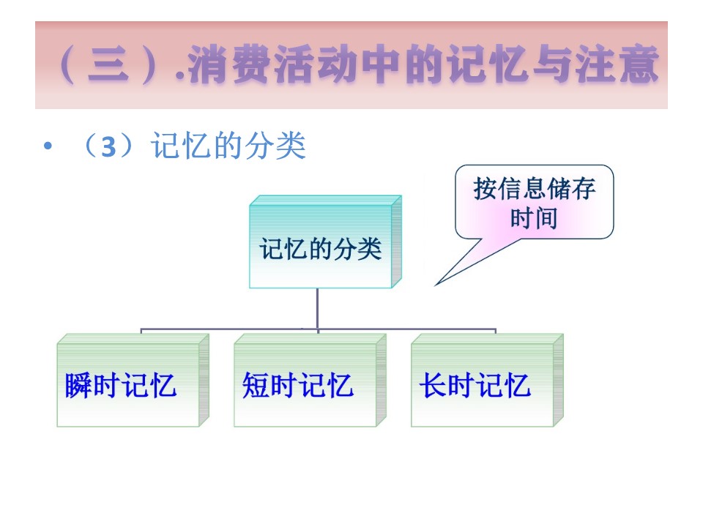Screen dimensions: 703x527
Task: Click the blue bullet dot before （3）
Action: pos(48,146)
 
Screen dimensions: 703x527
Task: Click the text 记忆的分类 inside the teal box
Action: pos(321,249)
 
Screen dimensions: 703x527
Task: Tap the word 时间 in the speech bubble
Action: pos(534,218)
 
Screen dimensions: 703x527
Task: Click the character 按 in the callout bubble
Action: pos(486,188)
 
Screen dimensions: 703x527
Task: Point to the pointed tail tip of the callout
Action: pos(436,285)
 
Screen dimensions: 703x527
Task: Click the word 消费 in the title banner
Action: pos(229,64)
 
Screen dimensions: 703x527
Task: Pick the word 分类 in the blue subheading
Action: pos(275,146)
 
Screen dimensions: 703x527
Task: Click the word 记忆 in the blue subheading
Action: pos(181,146)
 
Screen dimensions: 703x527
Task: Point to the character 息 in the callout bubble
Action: pos(535,188)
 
